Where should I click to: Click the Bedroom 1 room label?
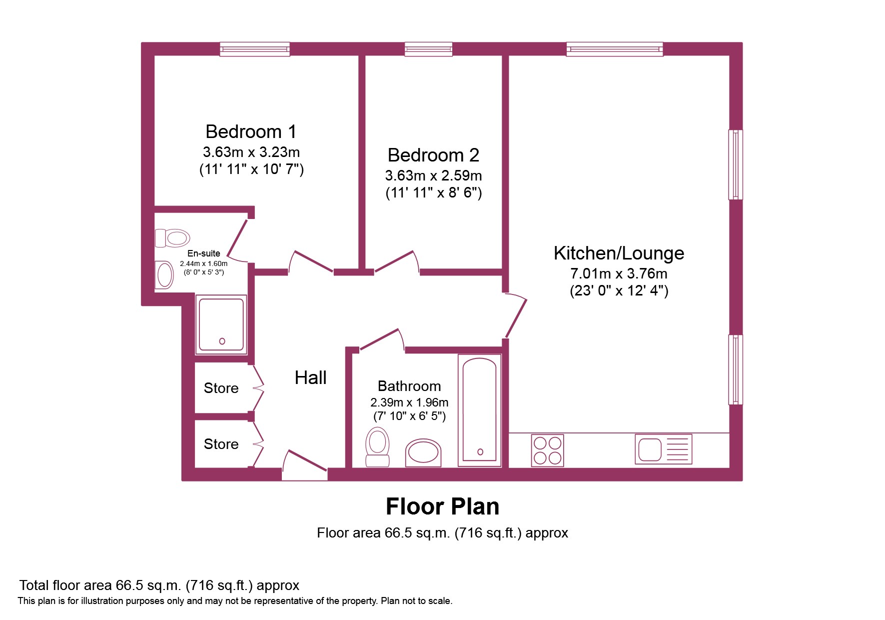coord(251,131)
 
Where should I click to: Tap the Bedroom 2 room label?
coord(433,155)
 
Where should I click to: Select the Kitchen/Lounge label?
coord(619,253)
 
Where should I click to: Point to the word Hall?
coord(310,377)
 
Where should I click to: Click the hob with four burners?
coord(548,450)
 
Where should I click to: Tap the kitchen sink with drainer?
coord(664,449)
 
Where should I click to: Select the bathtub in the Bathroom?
coord(480,410)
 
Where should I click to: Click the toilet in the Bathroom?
coord(377,447)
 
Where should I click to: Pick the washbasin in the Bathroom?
coord(423,453)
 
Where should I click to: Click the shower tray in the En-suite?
coord(221,324)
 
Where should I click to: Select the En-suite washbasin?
coord(164,275)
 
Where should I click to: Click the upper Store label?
coord(221,388)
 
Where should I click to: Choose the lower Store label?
coord(221,444)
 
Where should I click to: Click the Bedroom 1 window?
coord(255,49)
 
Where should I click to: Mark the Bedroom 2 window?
coord(429,49)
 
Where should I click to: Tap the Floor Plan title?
coord(443,506)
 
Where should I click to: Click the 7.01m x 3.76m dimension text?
coord(619,274)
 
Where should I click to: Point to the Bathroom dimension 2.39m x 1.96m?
coord(409,402)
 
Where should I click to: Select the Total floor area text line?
coord(159,585)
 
